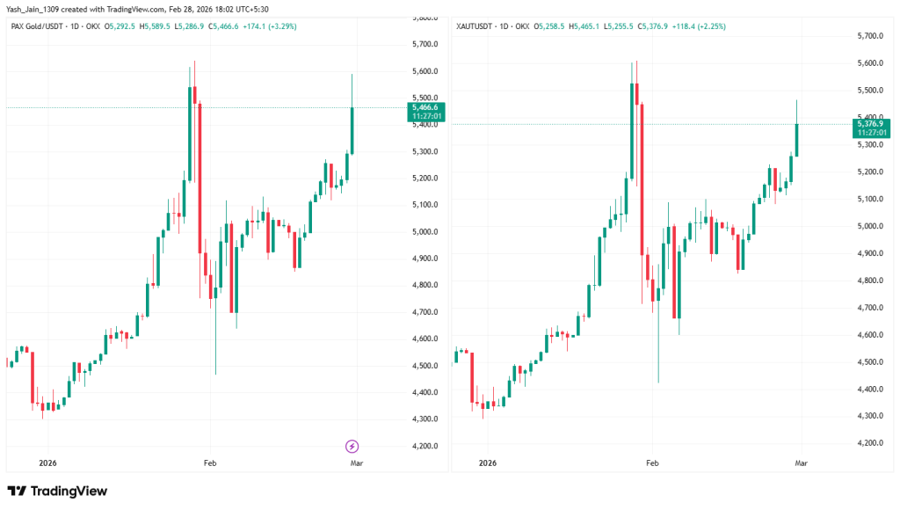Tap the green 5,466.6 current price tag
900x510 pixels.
pyautogui.click(x=426, y=107)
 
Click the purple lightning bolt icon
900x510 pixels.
pyautogui.click(x=352, y=446)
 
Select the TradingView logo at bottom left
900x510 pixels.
pyautogui.click(x=57, y=491)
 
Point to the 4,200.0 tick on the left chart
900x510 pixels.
pyautogui.click(x=425, y=446)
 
